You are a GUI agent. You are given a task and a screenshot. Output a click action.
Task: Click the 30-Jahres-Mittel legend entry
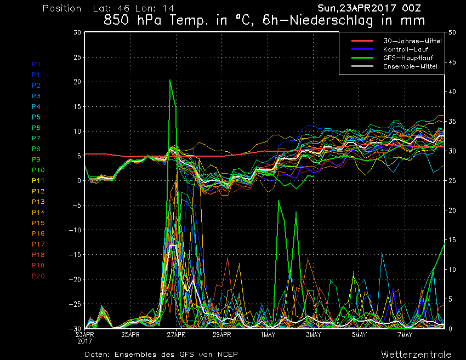[x=412, y=41]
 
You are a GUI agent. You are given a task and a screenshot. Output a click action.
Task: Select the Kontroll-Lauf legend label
[x=406, y=49]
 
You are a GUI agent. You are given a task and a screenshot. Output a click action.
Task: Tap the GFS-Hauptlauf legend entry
[x=408, y=58]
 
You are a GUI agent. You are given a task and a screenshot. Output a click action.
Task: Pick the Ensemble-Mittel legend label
[x=410, y=66]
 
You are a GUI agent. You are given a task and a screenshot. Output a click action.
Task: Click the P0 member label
[x=36, y=64]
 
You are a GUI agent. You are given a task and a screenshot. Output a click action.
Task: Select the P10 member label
[x=38, y=170]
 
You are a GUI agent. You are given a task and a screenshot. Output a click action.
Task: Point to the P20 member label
[x=38, y=276]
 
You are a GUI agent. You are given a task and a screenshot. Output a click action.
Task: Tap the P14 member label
[x=38, y=213]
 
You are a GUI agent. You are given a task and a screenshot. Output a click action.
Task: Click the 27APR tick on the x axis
[x=176, y=335]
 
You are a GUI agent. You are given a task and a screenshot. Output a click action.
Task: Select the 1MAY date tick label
[x=268, y=335]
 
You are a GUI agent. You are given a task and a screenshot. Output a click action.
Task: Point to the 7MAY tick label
[x=405, y=335]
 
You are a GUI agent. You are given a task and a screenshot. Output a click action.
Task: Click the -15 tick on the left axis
[x=75, y=255]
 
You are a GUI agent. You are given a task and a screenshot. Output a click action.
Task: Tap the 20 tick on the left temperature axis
[x=77, y=82]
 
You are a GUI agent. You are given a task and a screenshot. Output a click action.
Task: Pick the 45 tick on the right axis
[x=452, y=62]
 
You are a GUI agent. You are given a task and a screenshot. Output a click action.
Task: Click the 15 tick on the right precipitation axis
[x=452, y=239]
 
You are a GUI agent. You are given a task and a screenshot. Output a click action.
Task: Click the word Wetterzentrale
[x=416, y=355]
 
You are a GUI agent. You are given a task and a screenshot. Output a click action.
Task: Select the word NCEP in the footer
[x=228, y=355]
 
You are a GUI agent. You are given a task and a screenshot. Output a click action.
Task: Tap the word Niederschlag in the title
[x=331, y=20]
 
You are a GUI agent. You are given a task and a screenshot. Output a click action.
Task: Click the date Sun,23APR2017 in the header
[x=357, y=8]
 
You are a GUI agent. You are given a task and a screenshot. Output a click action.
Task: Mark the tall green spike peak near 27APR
[x=170, y=79]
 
